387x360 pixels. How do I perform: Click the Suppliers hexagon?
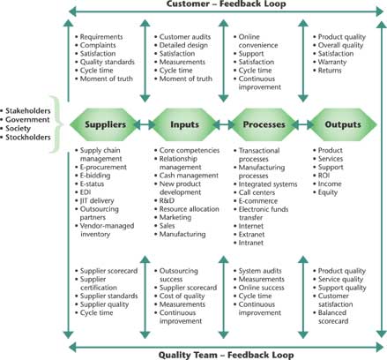pos(105,124)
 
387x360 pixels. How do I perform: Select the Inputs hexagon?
pos(184,124)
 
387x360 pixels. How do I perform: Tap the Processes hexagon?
pos(264,124)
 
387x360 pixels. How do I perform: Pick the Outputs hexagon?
pos(343,124)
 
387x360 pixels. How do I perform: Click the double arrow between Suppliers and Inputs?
pos(145,125)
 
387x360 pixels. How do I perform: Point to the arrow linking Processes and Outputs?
pos(303,125)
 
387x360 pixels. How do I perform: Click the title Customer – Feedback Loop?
pos(226,4)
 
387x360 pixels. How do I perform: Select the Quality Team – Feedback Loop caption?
pos(226,355)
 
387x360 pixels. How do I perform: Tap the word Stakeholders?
pos(28,111)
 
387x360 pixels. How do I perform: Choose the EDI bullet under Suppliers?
pos(86,192)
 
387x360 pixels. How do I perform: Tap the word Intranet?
pos(251,243)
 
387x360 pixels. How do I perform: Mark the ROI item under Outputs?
pos(324,176)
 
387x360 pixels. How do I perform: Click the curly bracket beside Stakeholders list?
pos(58,124)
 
